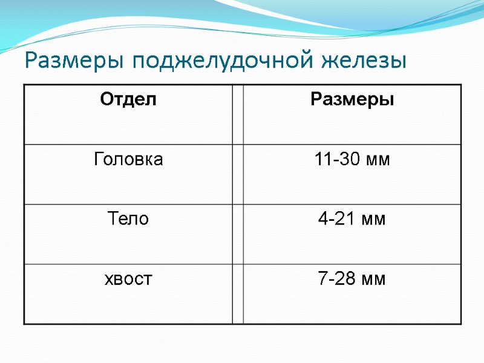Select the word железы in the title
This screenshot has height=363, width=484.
(x=363, y=61)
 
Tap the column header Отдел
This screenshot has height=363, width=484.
(x=128, y=99)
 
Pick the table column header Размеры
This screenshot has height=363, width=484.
(x=352, y=99)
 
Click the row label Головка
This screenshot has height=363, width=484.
(x=128, y=160)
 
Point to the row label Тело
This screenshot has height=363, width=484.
(x=128, y=219)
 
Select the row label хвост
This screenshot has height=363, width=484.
(x=128, y=279)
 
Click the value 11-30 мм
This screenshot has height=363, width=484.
(x=352, y=160)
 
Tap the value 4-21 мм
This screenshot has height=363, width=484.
(x=352, y=219)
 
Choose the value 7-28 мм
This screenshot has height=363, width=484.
(x=352, y=279)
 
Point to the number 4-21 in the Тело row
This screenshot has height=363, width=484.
(x=338, y=219)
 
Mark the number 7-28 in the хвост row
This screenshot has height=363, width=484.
(x=338, y=279)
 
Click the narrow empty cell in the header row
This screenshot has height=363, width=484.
(x=238, y=114)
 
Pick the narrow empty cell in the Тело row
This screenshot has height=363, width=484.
(x=238, y=234)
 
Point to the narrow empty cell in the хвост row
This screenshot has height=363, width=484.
(x=238, y=293)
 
